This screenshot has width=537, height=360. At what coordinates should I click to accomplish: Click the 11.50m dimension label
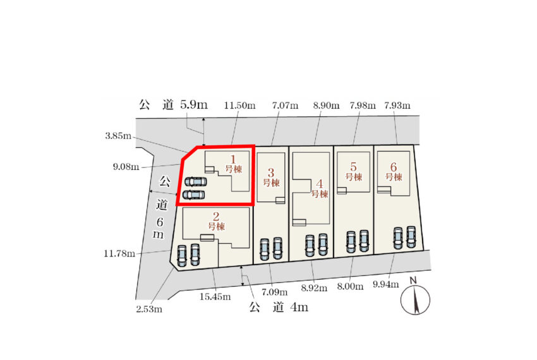click(x=239, y=105)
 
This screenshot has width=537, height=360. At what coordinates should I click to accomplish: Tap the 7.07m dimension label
click(x=285, y=105)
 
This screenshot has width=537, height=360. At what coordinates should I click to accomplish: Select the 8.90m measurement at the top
click(x=326, y=105)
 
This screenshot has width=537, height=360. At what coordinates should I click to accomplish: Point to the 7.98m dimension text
click(x=363, y=105)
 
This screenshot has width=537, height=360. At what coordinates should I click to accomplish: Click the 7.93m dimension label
click(x=397, y=105)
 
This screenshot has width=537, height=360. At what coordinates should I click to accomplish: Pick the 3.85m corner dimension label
click(x=118, y=136)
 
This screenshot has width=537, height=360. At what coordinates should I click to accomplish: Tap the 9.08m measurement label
click(x=126, y=167)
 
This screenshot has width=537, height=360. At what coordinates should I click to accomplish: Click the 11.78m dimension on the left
click(x=119, y=254)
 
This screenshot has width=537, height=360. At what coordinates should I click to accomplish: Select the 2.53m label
click(x=149, y=309)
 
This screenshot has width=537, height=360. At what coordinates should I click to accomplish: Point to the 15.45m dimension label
click(x=215, y=297)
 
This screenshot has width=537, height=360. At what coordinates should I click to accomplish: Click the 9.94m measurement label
click(x=386, y=284)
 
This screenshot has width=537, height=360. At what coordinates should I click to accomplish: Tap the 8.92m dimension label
click(x=314, y=288)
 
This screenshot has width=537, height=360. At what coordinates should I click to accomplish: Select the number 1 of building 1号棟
click(x=233, y=159)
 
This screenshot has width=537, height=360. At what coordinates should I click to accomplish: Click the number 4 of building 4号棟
click(x=320, y=184)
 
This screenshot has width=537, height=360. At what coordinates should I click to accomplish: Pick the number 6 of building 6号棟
click(x=394, y=167)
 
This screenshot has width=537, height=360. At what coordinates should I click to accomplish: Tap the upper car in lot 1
click(x=196, y=181)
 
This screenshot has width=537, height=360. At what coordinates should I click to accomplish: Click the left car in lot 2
click(x=182, y=255)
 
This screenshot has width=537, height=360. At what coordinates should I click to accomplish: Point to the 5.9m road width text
click(x=194, y=104)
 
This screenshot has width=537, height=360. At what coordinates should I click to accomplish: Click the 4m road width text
click(x=299, y=307)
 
